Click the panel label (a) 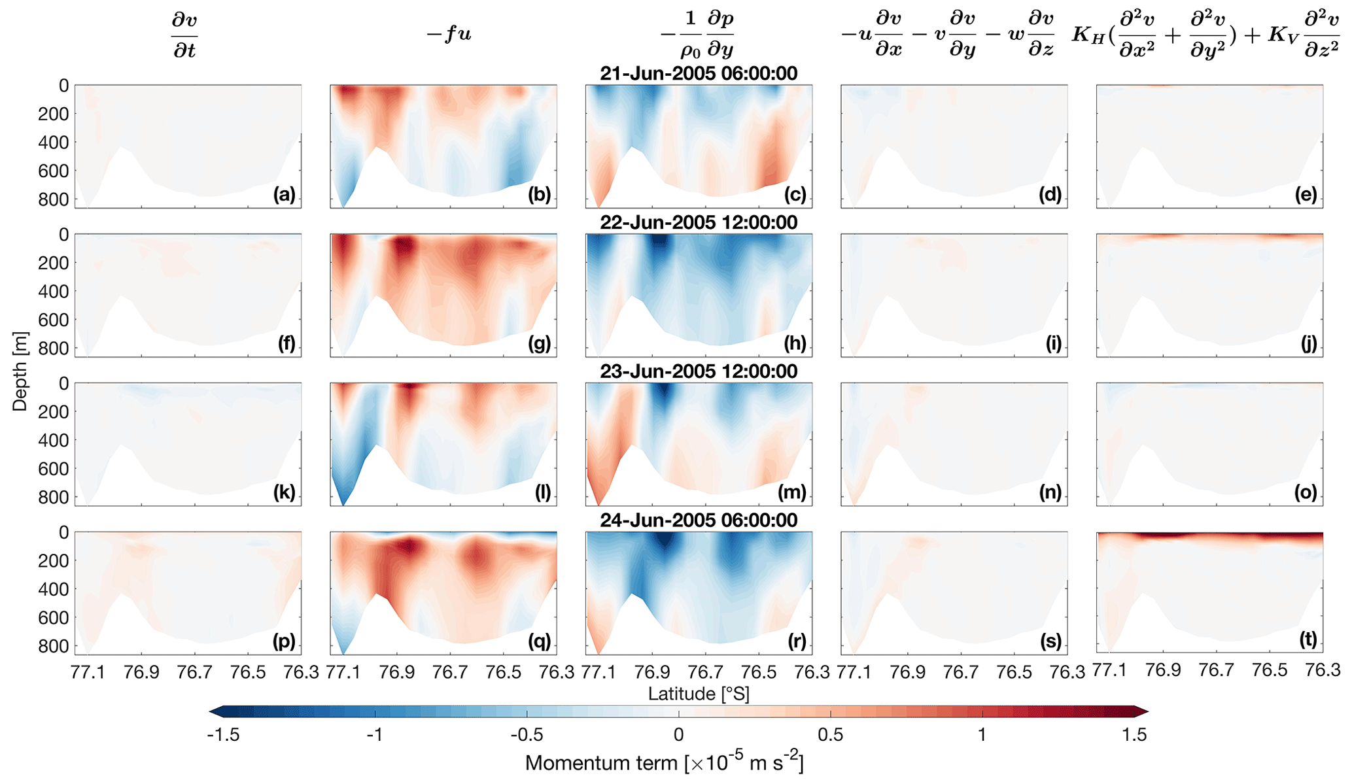click(x=285, y=194)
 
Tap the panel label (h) click(x=795, y=343)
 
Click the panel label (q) click(x=539, y=641)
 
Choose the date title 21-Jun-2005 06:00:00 click(x=699, y=73)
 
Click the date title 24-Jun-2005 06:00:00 click(x=699, y=520)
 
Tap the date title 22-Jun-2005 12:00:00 click(x=699, y=222)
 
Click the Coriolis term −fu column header click(x=449, y=34)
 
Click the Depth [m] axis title click(x=20, y=370)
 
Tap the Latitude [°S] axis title click(x=699, y=693)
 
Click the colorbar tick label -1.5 click(x=223, y=735)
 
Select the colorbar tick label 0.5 click(x=830, y=735)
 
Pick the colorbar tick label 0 click(x=678, y=735)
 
